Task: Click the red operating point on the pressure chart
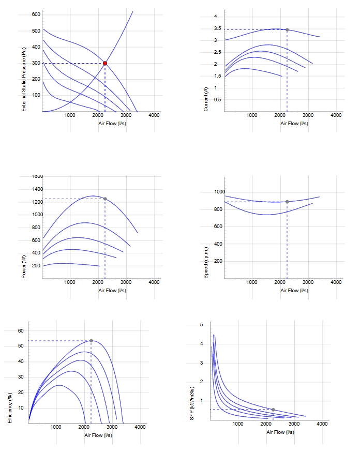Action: click(x=105, y=63)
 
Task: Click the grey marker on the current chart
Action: click(x=287, y=30)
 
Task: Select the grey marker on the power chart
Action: click(x=105, y=199)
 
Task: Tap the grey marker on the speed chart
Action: click(x=287, y=202)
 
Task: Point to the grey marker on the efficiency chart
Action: click(x=92, y=341)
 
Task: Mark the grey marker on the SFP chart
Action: click(x=273, y=410)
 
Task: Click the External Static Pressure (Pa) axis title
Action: click(x=24, y=79)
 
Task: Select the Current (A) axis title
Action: click(x=206, y=99)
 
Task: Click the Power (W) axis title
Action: click(x=24, y=267)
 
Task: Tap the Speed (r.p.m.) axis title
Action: click(x=206, y=263)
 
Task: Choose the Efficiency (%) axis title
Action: click(x=10, y=408)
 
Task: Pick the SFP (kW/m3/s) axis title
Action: click(x=192, y=403)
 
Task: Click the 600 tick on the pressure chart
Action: click(x=36, y=14)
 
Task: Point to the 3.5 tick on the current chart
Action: click(x=218, y=28)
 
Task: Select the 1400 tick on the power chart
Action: click(x=38, y=189)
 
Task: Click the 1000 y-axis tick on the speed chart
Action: click(x=220, y=192)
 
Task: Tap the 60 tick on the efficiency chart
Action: click(x=21, y=331)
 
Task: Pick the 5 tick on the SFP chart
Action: click(x=202, y=325)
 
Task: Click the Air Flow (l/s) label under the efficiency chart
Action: click(x=98, y=435)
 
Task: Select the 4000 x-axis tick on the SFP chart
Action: click(x=322, y=424)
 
